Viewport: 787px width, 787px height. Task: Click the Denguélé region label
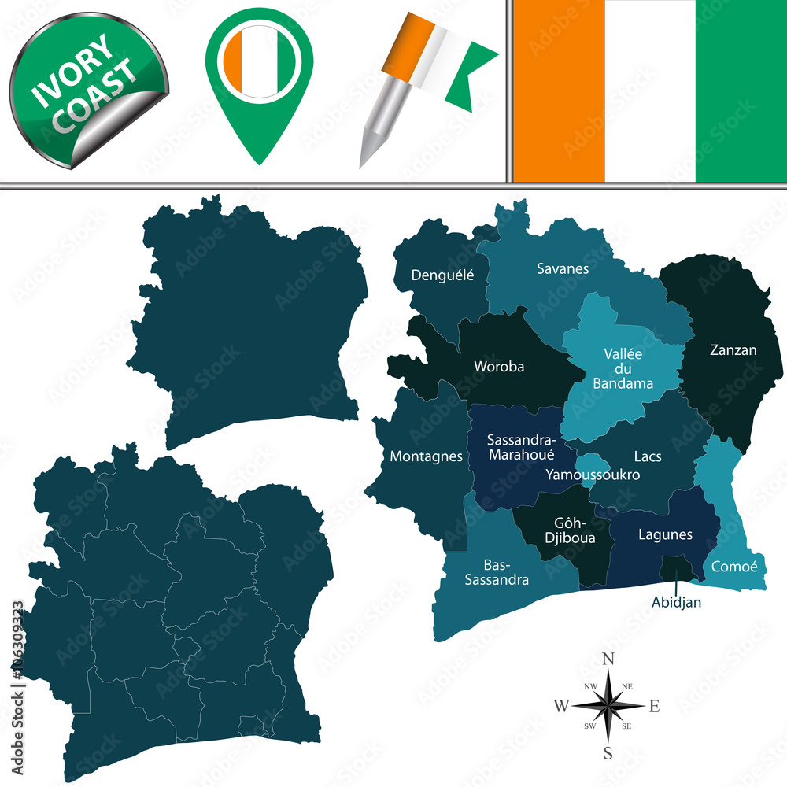443,275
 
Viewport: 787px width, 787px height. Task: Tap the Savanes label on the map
563,268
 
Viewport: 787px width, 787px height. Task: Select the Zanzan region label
732,349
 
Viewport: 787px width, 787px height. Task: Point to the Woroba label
499,366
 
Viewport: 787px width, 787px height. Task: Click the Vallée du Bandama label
623,368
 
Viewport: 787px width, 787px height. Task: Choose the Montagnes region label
426,456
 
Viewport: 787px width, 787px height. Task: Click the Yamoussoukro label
592,475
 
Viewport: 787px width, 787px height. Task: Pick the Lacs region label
648,456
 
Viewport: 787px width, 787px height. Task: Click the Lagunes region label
665,534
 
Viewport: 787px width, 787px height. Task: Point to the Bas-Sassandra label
506,573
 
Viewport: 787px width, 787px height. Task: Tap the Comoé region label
733,566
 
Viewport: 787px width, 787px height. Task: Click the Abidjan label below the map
676,603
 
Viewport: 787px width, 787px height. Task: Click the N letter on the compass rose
608,660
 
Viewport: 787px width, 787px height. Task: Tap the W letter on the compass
561,706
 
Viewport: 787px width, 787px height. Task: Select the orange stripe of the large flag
560,91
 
